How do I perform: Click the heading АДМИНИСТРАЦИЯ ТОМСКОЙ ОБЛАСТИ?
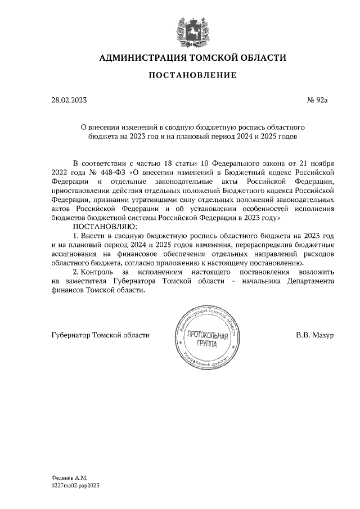[192, 57]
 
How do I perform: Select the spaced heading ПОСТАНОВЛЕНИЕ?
[192, 75]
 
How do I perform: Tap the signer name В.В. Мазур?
[315, 335]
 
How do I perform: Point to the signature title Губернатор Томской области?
[100, 335]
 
